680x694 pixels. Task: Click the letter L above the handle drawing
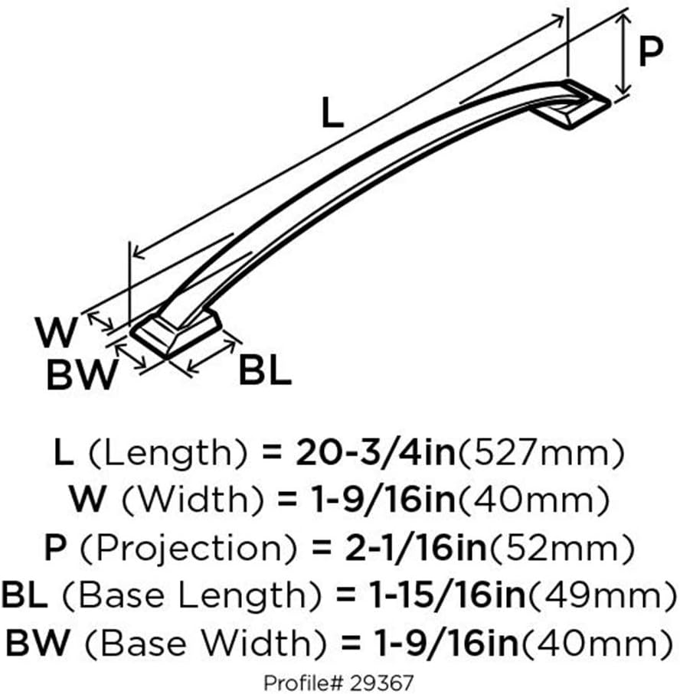click(x=332, y=114)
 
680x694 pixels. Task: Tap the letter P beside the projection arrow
click(x=650, y=54)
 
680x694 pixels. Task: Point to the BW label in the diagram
click(x=80, y=375)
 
